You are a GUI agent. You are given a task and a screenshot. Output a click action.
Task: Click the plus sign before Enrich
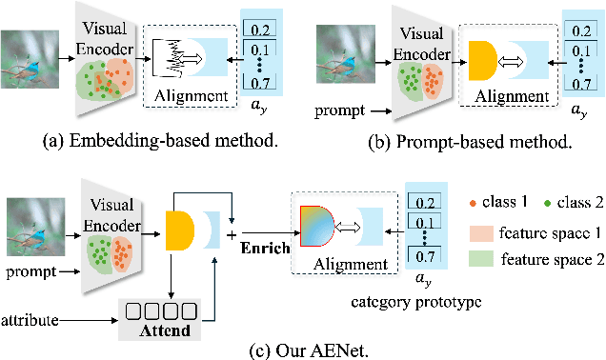231,232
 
